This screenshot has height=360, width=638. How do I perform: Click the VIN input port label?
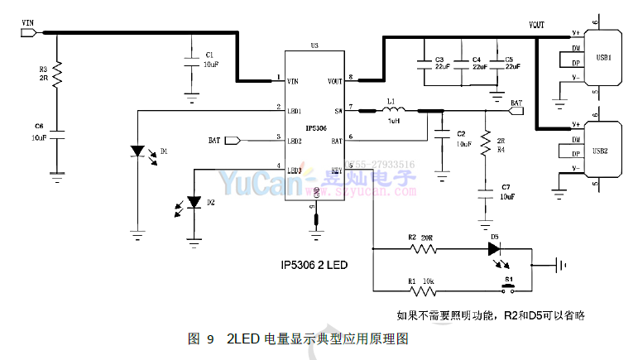[x=27, y=24]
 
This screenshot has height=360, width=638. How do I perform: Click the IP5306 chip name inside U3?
[x=316, y=127]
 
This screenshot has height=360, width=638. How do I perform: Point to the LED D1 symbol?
[x=138, y=152]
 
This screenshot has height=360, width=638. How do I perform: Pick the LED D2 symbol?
[x=194, y=201]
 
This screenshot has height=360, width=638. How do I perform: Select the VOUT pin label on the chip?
[x=334, y=81]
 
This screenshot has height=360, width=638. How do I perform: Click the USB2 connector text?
[x=602, y=151]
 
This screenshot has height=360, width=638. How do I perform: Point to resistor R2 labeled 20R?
[x=422, y=247]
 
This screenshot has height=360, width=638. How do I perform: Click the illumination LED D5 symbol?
[x=495, y=247]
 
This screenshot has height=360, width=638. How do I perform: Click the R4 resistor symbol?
[x=485, y=146]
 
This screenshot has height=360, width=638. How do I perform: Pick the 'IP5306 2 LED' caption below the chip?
[x=314, y=266]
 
